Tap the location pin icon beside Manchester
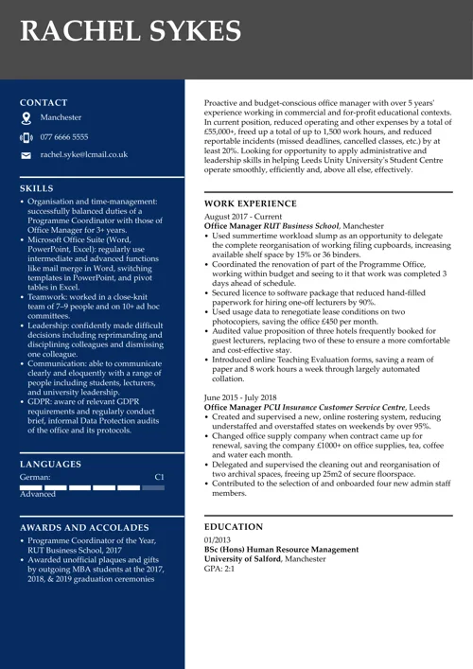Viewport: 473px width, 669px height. pos(26,118)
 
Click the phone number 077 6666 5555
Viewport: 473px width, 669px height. pos(64,136)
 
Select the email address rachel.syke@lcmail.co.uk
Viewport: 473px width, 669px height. pos(83,154)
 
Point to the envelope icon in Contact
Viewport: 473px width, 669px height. pos(26,154)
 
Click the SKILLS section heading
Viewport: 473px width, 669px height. pos(36,188)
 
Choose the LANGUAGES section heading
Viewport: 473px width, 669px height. pos(50,465)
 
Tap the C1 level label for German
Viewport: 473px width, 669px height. pos(159,479)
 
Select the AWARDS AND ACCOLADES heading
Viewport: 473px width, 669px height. pos(84,527)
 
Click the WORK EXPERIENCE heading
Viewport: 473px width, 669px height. pos(251,203)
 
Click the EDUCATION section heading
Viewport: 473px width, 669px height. pos(234,526)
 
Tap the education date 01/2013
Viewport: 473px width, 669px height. pos(219,540)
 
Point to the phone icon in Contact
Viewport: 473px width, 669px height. pos(26,136)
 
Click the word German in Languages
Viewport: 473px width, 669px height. pos(34,479)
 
